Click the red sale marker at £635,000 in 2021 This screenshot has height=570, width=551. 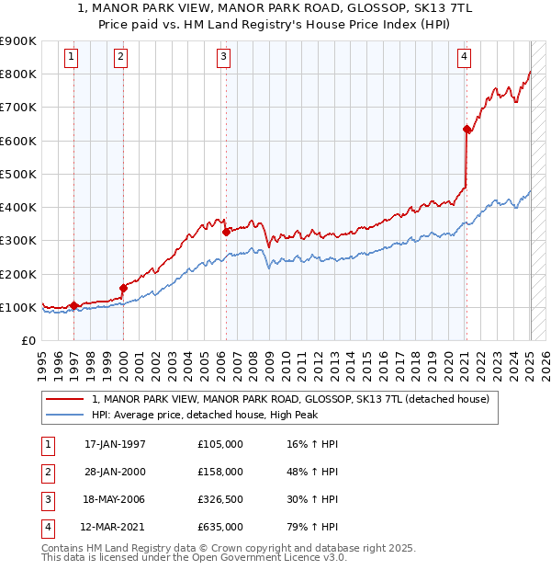pyautogui.click(x=467, y=130)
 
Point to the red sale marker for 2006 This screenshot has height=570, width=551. pyautogui.click(x=226, y=232)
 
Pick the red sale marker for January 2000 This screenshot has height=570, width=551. pyautogui.click(x=123, y=288)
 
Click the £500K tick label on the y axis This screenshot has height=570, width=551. pyautogui.click(x=18, y=174)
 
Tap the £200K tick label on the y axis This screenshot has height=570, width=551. pyautogui.click(x=18, y=274)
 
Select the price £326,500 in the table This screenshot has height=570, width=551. pyautogui.click(x=220, y=499)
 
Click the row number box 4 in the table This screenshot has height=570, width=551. pyautogui.click(x=46, y=527)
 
